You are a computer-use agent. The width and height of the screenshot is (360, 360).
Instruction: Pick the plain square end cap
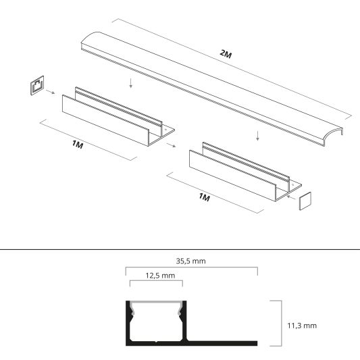306,201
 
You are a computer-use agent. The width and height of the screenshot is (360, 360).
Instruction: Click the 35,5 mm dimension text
190,260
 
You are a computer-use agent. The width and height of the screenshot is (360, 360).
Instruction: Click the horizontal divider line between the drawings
180,249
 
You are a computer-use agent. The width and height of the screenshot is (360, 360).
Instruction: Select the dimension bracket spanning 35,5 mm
191,268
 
